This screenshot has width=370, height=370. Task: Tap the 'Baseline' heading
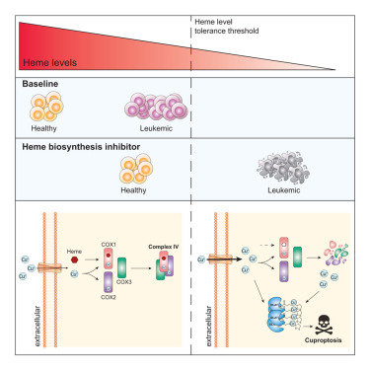(44, 85)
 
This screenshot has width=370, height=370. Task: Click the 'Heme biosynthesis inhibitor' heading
(83, 146)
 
